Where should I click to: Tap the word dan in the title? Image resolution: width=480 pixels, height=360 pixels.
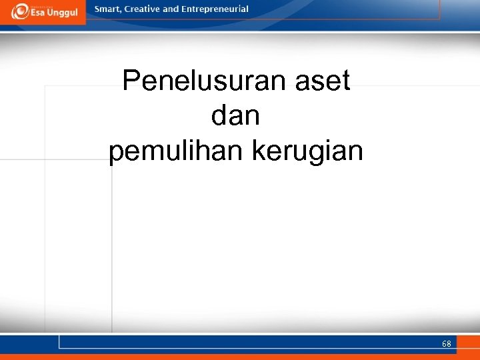click(235, 116)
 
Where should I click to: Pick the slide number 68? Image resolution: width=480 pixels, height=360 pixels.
click(446, 344)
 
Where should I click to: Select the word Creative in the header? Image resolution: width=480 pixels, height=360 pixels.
click(143, 9)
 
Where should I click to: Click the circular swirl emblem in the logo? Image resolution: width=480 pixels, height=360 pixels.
click(19, 11)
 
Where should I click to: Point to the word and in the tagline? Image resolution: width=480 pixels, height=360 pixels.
click(171, 9)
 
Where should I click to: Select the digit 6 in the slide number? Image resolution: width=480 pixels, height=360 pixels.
click(444, 344)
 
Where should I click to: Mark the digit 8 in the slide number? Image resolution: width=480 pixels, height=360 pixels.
click(449, 344)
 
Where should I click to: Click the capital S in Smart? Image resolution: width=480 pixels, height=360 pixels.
click(97, 9)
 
